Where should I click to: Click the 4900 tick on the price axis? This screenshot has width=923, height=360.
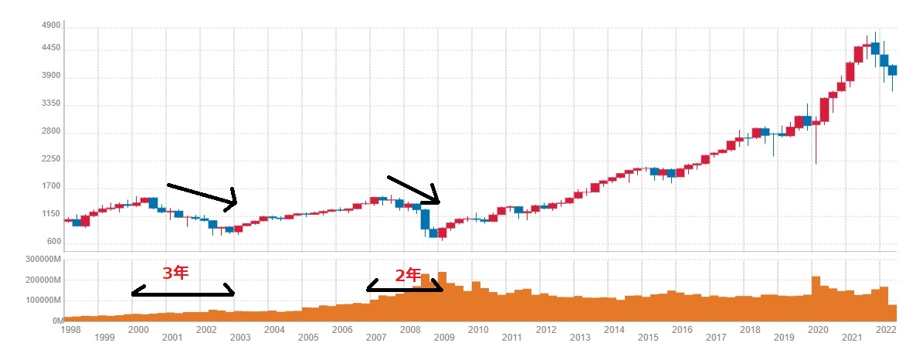tap(50, 25)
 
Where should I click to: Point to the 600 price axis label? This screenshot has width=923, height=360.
tap(53, 241)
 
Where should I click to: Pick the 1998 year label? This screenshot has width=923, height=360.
tap(70, 329)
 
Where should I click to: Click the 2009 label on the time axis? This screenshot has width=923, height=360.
tap(444, 338)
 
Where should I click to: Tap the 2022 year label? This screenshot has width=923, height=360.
tap(885, 329)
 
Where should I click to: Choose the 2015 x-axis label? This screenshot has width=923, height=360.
tap(648, 338)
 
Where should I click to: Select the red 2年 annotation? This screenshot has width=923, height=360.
tap(409, 274)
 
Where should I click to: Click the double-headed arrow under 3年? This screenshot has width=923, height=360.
tap(183, 293)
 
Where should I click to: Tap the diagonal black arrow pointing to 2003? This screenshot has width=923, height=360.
tap(202, 195)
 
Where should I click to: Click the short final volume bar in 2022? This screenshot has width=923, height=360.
tap(892, 313)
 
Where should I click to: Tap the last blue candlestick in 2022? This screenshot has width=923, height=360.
tap(892, 70)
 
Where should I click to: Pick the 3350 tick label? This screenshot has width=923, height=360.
tap(50, 104)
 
